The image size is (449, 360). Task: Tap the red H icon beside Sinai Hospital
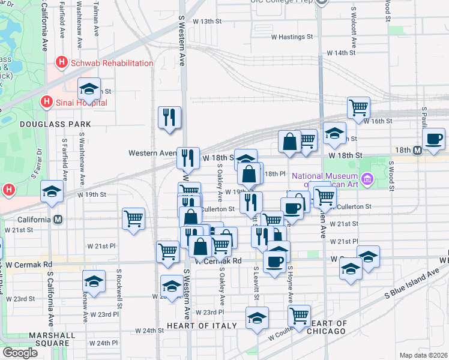46,103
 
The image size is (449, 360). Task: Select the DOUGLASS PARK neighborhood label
55,124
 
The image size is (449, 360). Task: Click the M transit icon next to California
58,220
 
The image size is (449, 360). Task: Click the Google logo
20,353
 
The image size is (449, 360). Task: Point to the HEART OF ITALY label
199,325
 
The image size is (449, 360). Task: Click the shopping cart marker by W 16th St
358,107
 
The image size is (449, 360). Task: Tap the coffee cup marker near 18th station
433,139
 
